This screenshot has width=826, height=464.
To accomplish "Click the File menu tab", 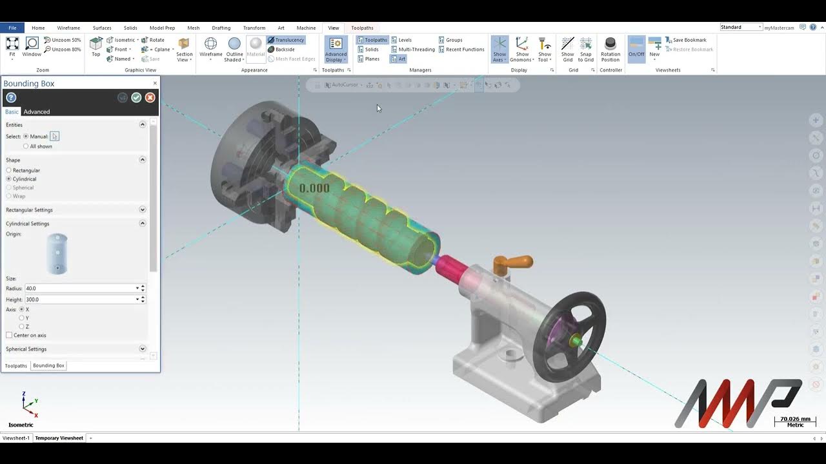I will click(12, 28).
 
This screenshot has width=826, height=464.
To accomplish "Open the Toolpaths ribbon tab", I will click(362, 28).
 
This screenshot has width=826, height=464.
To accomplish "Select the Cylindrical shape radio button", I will click(9, 179).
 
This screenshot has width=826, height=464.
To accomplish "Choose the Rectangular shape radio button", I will click(9, 170).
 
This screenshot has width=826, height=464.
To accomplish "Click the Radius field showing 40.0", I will click(80, 288).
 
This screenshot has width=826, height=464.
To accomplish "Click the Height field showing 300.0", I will click(80, 300).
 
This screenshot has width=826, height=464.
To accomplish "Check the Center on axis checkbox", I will click(9, 335).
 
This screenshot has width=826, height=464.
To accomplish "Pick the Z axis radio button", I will click(22, 327).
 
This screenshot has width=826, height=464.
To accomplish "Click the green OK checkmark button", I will click(136, 97).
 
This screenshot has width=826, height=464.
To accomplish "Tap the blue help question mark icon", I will click(11, 97).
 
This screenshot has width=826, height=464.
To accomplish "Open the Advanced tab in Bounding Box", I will click(37, 111).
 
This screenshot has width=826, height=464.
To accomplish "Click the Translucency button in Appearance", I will click(286, 40).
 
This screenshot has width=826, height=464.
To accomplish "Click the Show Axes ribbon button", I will click(499, 49).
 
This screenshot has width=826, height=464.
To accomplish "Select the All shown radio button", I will click(26, 146).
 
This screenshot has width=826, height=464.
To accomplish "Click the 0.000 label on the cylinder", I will click(314, 188).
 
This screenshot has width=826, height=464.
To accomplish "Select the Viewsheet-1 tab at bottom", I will click(16, 438).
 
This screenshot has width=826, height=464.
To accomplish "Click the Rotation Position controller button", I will click(610, 49).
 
